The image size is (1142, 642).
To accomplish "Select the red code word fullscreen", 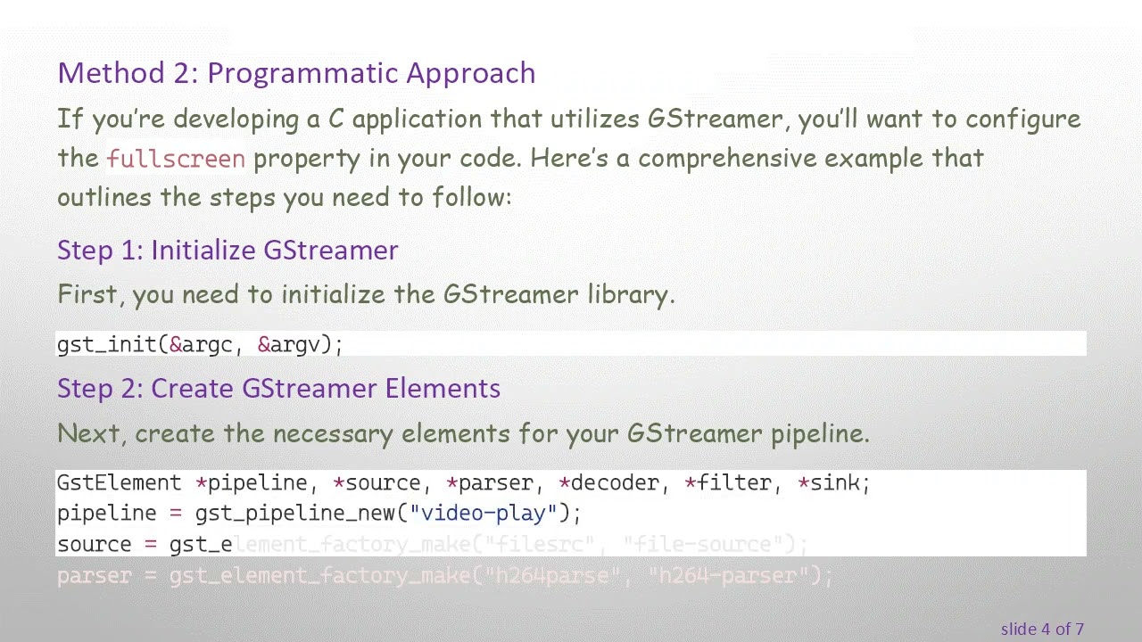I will pyautogui.click(x=176, y=160).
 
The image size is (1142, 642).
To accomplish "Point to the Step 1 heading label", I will pyautogui.click(x=99, y=251).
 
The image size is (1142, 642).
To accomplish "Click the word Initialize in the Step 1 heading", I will pyautogui.click(x=203, y=251).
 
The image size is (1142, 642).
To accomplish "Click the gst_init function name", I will pyautogui.click(x=107, y=345).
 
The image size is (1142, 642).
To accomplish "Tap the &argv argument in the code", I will pyautogui.click(x=294, y=345).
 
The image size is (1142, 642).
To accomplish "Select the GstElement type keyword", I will pyautogui.click(x=119, y=483).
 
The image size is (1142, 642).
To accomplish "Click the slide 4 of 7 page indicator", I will pyautogui.click(x=1041, y=630).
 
